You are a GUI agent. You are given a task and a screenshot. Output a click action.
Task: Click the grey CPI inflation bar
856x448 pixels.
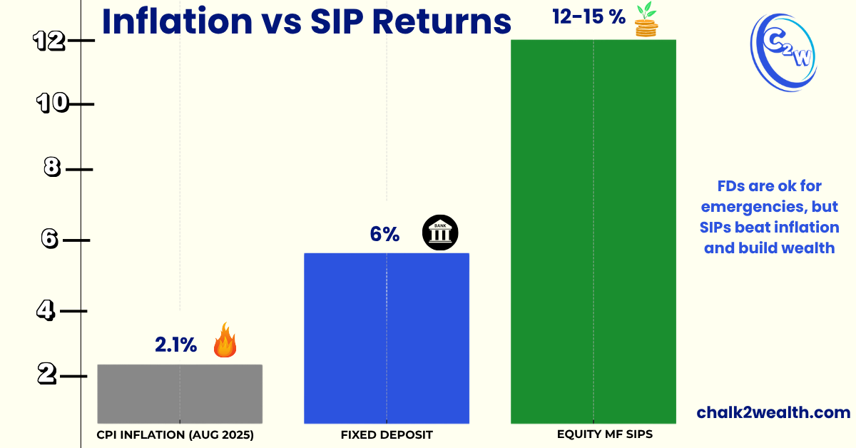pyautogui.click(x=180, y=394)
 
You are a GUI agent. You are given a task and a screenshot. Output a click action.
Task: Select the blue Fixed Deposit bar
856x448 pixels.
pyautogui.click(x=387, y=338)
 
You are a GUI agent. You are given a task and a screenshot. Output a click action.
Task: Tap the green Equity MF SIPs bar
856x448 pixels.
pyautogui.click(x=593, y=231)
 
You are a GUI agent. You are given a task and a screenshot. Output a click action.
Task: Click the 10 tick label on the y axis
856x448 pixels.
pyautogui.click(x=53, y=104)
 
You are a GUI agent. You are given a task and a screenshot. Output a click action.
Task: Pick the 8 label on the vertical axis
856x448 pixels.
pyautogui.click(x=51, y=168)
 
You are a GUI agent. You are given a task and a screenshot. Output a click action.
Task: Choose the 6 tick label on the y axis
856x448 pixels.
pyautogui.click(x=49, y=239)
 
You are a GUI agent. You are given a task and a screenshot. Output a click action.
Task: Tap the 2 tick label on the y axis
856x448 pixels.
pyautogui.click(x=46, y=374)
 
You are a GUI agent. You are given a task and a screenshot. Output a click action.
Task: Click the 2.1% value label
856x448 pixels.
pyautogui.click(x=175, y=345)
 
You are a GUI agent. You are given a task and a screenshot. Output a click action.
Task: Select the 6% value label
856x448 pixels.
pyautogui.click(x=384, y=234)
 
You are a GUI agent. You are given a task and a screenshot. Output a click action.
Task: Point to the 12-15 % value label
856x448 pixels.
pyautogui.click(x=588, y=17)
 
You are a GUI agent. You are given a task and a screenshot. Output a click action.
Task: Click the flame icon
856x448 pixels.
pyautogui.click(x=225, y=340)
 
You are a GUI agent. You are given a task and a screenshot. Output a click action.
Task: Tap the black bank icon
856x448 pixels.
pyautogui.click(x=440, y=233)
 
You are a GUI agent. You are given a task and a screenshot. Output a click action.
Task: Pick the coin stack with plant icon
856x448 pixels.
pyautogui.click(x=646, y=20)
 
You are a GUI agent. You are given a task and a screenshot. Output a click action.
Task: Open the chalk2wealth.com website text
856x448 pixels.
pyautogui.click(x=773, y=412)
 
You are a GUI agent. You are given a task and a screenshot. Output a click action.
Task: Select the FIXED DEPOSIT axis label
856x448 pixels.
pyautogui.click(x=387, y=434)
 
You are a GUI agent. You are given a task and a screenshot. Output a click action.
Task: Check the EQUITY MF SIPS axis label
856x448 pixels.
pyautogui.click(x=594, y=434)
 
